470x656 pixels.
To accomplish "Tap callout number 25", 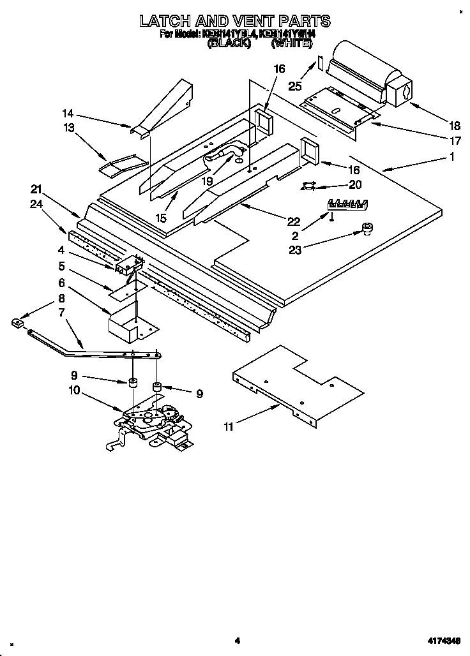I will [x=294, y=86].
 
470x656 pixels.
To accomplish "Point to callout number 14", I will [x=68, y=114].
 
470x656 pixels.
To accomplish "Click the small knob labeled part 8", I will [x=17, y=322].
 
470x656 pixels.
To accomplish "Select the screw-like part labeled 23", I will [x=367, y=228].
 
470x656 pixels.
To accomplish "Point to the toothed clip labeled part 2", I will [x=347, y=204].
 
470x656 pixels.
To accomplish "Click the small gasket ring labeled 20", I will [x=309, y=186].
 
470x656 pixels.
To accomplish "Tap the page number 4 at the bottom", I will [x=236, y=640].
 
